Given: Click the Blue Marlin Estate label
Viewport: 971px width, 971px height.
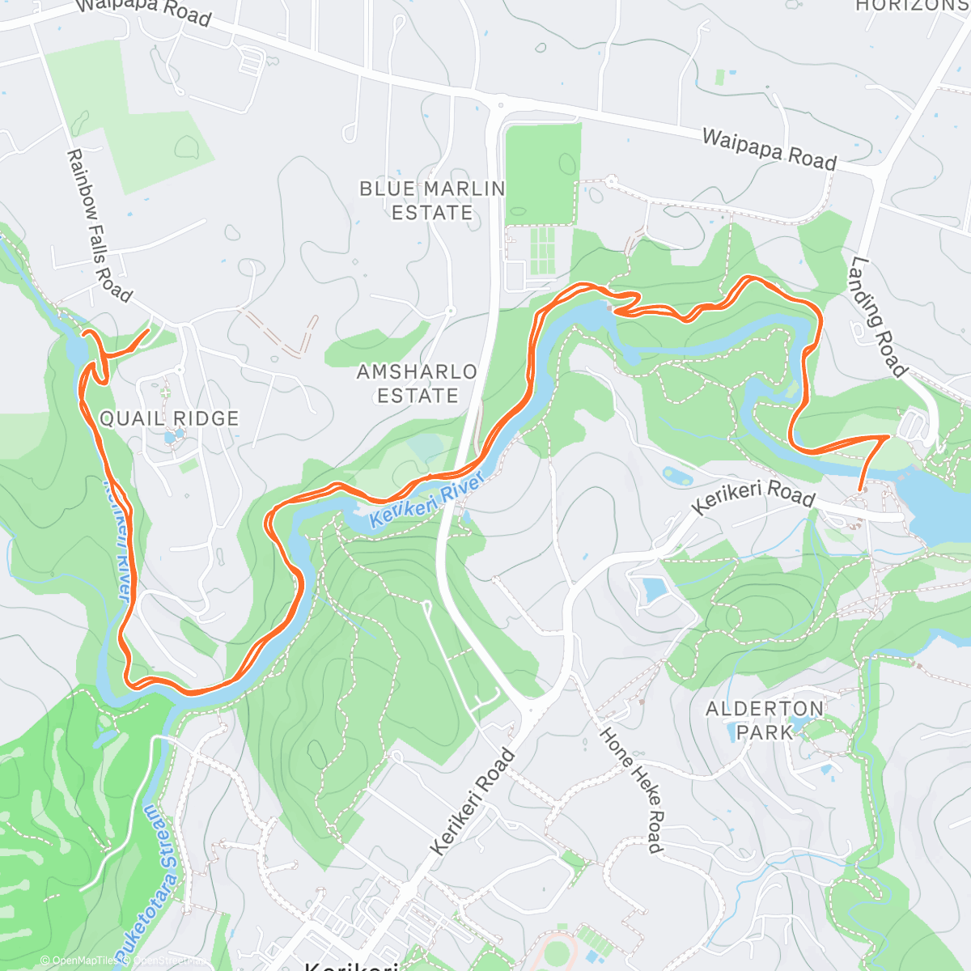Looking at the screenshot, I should click(x=432, y=201).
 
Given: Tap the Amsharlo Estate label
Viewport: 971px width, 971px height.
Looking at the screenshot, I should click(x=418, y=384).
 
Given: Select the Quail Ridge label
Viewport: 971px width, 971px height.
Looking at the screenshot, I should click(x=169, y=418).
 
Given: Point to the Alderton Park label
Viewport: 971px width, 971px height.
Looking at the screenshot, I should click(x=765, y=720).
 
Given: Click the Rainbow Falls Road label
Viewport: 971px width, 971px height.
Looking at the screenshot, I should click(x=98, y=226).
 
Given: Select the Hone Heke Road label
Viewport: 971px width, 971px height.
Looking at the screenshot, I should click(x=633, y=789).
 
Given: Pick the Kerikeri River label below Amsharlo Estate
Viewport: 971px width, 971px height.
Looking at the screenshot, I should click(x=426, y=500).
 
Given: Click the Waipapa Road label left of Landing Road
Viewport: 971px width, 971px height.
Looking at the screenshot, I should click(x=769, y=149).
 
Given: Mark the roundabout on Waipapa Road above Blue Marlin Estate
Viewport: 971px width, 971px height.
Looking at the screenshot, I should click(x=501, y=104).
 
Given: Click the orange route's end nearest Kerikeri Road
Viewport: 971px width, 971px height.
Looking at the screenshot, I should click(x=860, y=489).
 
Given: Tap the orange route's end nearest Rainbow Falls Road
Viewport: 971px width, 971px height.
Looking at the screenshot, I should click(x=147, y=330).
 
